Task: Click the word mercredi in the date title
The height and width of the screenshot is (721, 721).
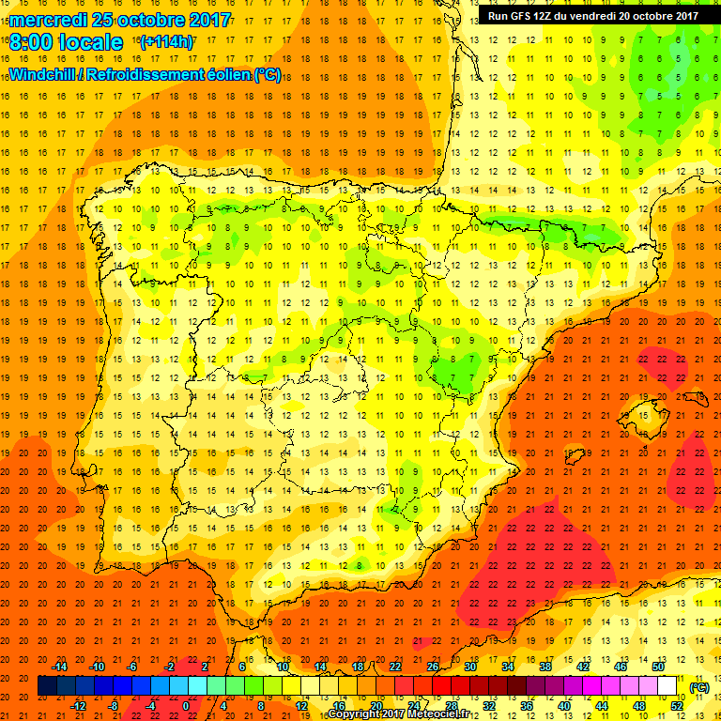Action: point(49,20)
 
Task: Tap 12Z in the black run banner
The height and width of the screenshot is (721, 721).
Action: point(551,15)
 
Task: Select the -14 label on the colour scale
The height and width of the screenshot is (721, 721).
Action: point(61,666)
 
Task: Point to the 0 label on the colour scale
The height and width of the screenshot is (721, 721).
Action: point(186,706)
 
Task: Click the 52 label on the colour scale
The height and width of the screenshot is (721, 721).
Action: point(677,706)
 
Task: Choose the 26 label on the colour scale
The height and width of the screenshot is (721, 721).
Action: point(432,666)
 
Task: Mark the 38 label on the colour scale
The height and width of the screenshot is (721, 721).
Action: point(545,666)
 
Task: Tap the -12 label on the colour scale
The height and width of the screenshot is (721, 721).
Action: point(80,706)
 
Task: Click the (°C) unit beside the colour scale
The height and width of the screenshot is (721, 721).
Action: point(698,687)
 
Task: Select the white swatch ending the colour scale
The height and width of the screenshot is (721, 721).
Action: point(667,686)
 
